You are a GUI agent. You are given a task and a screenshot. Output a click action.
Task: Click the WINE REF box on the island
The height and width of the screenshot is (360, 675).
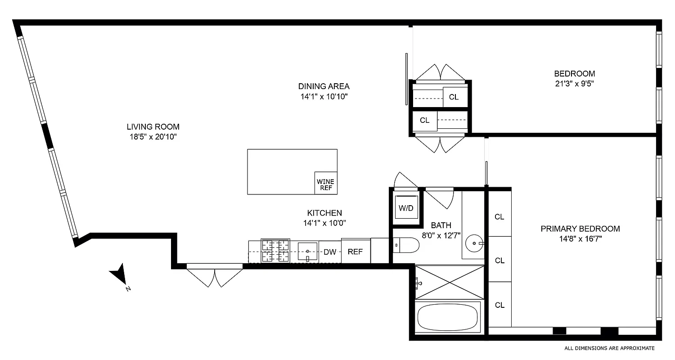[326, 184]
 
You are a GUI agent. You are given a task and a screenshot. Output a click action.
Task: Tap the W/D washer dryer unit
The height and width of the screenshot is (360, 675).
[406, 208]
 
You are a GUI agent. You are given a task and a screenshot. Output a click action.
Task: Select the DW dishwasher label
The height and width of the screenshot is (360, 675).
[330, 252]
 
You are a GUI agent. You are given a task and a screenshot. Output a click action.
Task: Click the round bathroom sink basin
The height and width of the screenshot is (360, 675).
[474, 243]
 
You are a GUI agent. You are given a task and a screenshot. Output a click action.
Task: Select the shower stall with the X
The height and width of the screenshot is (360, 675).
[449, 282]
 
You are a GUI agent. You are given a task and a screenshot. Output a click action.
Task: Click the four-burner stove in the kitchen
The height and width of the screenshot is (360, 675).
[275, 251]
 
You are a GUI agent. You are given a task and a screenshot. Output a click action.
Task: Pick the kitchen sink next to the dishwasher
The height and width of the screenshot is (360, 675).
[308, 251]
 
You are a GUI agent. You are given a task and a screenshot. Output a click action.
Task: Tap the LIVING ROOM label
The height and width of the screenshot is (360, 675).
[153, 127]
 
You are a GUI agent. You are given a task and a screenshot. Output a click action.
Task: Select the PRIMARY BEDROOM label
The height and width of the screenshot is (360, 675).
[580, 229]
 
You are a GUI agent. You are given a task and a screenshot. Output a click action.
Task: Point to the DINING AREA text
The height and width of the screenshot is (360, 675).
[324, 86]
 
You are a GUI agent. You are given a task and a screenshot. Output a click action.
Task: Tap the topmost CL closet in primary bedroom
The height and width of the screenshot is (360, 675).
[499, 216]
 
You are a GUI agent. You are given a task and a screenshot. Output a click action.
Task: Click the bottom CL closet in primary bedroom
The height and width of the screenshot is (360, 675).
[499, 305]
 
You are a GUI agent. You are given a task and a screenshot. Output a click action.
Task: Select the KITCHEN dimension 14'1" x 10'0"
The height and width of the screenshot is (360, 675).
[324, 222]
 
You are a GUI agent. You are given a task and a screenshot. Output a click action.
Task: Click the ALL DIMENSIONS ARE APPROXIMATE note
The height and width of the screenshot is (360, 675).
[609, 348]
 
